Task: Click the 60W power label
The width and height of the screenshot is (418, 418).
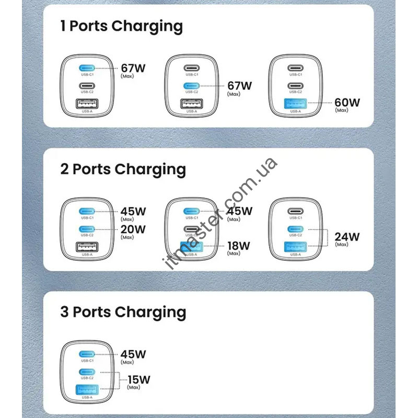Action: (347, 102)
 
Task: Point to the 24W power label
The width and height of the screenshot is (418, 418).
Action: (347, 237)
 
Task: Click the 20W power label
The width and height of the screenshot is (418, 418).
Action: (133, 229)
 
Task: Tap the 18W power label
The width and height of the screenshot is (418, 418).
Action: (239, 246)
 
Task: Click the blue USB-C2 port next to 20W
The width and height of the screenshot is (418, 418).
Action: (87, 229)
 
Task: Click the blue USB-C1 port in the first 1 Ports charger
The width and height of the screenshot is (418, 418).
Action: (87, 68)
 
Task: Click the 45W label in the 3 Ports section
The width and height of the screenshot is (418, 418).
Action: (133, 354)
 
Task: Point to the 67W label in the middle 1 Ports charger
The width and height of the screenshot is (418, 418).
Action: (239, 86)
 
